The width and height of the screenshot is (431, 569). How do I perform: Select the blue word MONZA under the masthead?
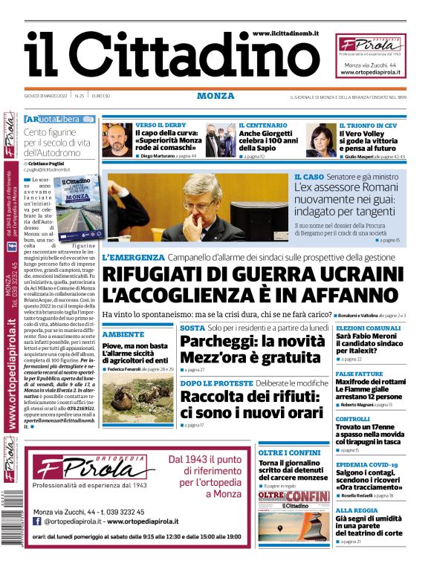pos(215,97)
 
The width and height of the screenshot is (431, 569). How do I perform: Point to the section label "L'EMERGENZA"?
pos(134,257)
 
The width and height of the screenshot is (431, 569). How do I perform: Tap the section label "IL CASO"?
pos(308,178)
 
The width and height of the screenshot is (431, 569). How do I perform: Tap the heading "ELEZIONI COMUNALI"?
pos(369,328)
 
